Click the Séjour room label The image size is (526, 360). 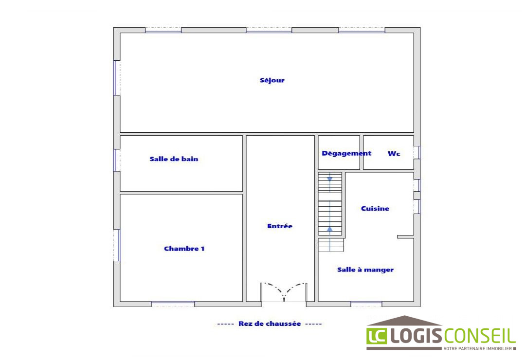click(272, 81)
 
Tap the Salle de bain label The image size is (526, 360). click(174, 159)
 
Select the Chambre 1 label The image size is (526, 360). click(184, 249)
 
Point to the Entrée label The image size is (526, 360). click(280, 226)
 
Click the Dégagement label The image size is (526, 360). click(346, 154)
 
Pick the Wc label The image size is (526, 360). click(394, 154)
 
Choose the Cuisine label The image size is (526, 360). click(375, 208)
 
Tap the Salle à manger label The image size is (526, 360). click(365, 270)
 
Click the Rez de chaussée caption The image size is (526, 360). click(270, 324)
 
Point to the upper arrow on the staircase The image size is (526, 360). click(330, 179)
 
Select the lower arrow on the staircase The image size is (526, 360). click(330, 229)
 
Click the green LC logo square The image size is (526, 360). click(377, 336)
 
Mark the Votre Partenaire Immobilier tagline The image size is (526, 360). click(480, 349)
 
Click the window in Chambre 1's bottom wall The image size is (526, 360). click(173, 304)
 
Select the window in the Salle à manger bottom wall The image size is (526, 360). click(366, 304)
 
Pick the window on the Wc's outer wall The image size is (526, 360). click(417, 152)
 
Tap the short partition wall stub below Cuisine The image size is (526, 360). click(406, 237)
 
